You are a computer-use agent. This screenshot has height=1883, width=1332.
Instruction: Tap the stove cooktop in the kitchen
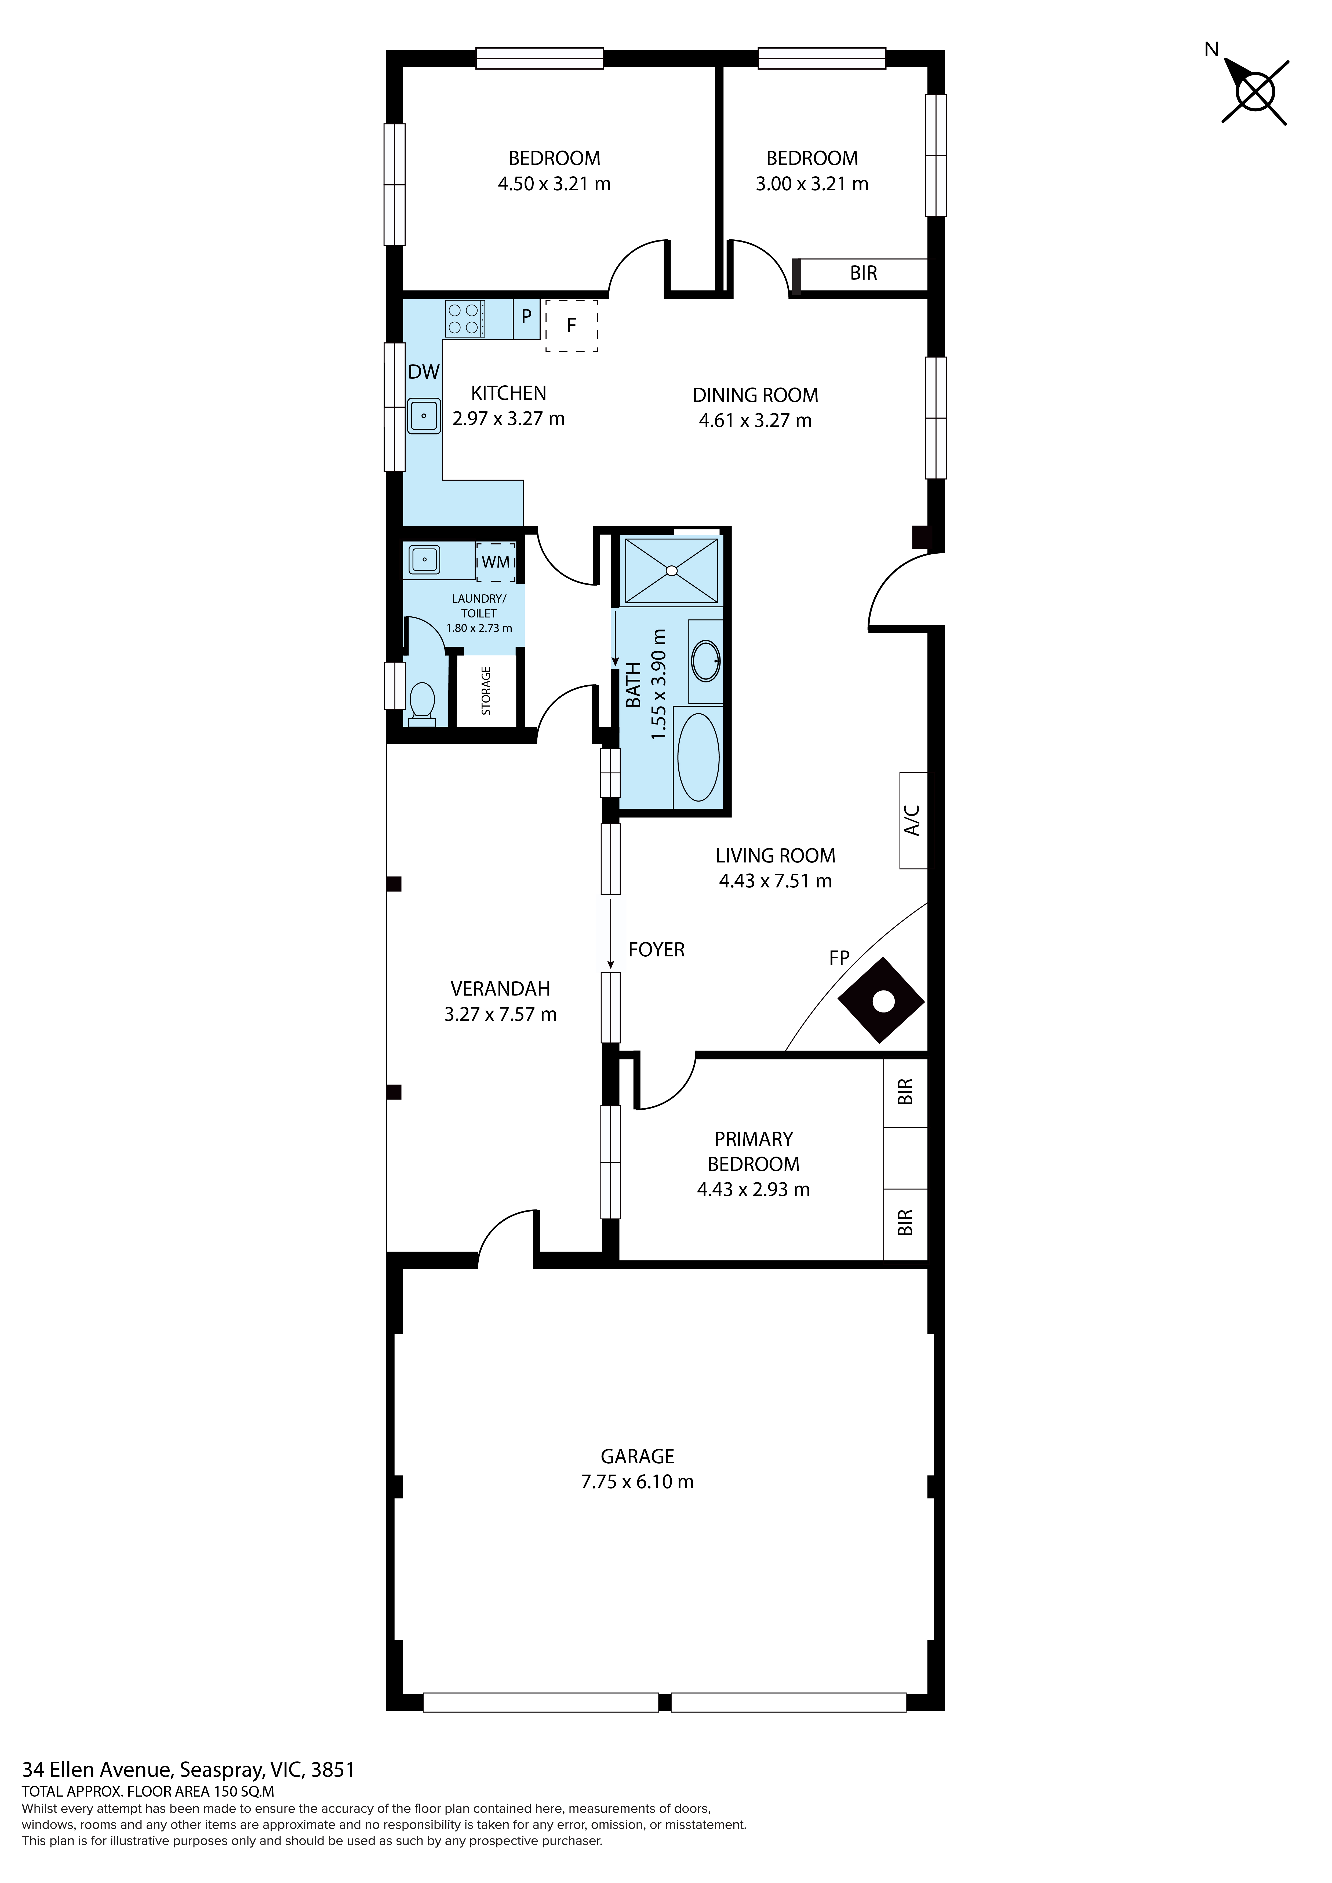tap(463, 319)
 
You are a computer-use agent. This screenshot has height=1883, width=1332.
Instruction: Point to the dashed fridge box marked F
tap(572, 326)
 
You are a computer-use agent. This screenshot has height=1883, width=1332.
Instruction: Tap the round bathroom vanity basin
tap(705, 661)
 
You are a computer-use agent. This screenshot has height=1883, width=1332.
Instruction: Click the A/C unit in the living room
tap(913, 820)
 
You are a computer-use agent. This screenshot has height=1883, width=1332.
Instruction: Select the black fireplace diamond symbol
tap(882, 1001)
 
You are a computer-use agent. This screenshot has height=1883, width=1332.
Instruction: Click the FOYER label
tap(656, 950)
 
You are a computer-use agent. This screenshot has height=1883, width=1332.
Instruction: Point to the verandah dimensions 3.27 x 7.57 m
tap(500, 1015)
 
